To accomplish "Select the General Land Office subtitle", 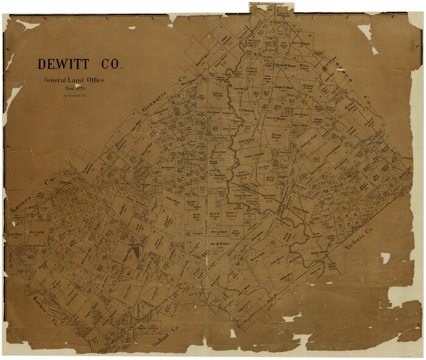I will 74,81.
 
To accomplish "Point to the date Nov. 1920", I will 75,89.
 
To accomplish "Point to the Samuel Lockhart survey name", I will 254,154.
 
